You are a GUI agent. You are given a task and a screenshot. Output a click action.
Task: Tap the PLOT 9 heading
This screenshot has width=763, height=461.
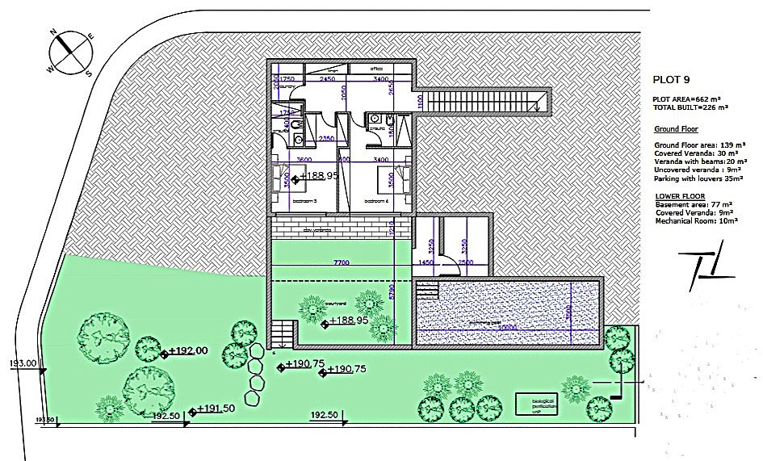click(x=671, y=79)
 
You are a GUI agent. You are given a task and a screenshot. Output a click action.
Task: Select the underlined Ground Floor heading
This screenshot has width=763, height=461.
click(x=676, y=128)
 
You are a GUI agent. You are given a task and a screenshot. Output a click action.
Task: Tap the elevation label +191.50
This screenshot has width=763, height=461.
click(x=216, y=409)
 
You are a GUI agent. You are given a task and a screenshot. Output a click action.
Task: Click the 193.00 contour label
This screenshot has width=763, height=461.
click(x=22, y=363)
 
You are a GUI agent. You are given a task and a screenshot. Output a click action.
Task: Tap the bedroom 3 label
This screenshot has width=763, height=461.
click(x=304, y=200)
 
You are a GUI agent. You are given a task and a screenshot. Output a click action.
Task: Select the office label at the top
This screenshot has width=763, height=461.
click(x=376, y=69)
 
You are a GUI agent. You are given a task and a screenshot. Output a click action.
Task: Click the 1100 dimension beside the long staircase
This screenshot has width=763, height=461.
click(x=420, y=102)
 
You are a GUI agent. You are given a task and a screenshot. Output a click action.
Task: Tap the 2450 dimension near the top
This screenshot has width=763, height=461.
click(x=327, y=80)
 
